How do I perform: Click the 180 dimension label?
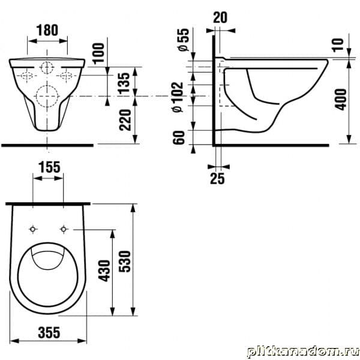pos(47,31)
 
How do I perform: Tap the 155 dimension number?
pos(49,167)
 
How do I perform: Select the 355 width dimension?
pos(49,332)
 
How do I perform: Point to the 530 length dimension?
pos(125,262)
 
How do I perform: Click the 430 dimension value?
pos(104,271)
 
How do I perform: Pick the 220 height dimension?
pos(125,120)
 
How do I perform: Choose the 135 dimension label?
pos(125,82)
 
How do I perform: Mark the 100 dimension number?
pos(98,53)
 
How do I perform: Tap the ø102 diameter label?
pos(178,97)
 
